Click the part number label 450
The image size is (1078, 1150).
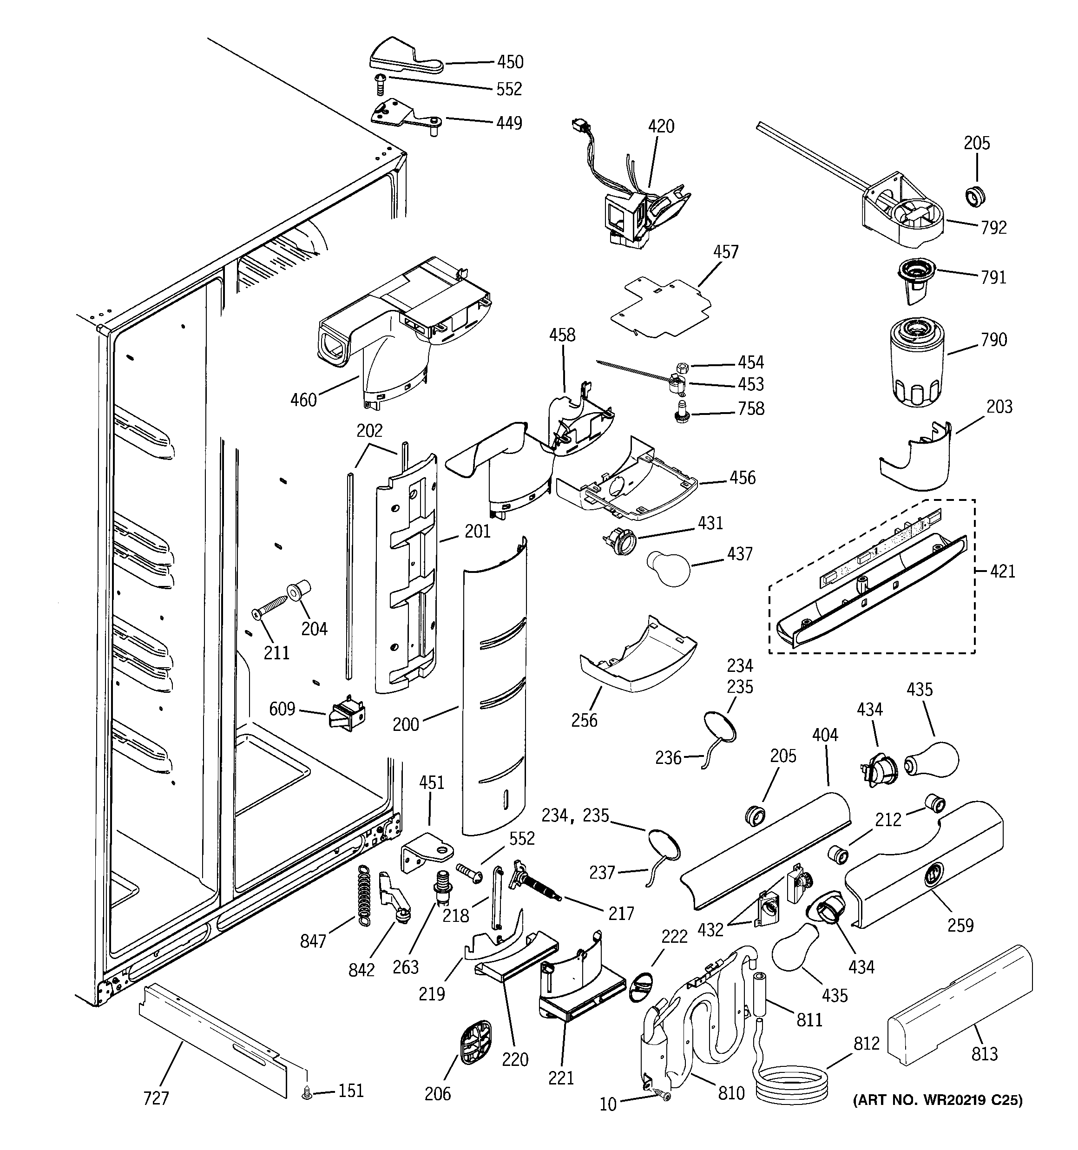pos(510,62)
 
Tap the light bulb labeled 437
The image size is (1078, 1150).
pos(668,568)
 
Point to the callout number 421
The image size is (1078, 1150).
pos(1002,572)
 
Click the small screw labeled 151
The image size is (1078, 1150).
pos(307,1093)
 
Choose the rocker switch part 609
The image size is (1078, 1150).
pos(347,716)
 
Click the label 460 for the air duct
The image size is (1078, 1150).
pos(303,400)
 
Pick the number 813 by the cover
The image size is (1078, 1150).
pos(984,1054)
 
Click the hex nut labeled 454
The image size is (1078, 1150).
pos(682,367)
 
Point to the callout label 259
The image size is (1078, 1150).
pos(960,925)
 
